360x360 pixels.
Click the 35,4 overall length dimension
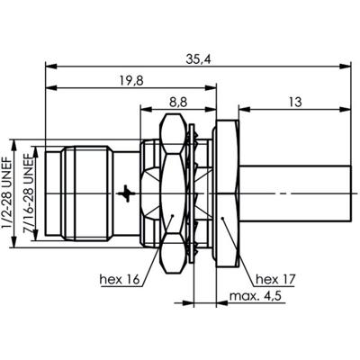click(198, 59)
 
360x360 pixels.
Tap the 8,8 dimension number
click(178, 103)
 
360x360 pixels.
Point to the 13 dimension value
click(295, 103)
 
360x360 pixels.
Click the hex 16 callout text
click(120, 280)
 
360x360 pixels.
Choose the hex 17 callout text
click(275, 280)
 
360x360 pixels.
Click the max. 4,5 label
click(256, 296)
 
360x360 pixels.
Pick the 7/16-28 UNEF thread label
click(28, 193)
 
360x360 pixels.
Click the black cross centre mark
click(126, 193)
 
